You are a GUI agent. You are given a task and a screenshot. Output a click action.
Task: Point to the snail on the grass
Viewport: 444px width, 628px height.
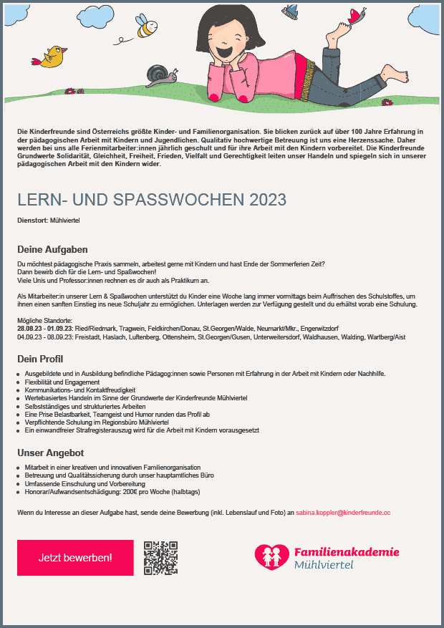(x=158, y=74)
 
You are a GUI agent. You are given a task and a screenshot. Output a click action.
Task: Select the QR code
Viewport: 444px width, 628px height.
(x=160, y=558)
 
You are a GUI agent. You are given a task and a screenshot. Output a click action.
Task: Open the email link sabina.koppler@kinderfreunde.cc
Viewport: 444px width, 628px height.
(x=343, y=513)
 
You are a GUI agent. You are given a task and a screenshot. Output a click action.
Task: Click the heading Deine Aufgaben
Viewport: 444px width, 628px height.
(x=52, y=250)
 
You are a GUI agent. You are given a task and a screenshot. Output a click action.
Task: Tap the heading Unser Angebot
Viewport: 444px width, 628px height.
(x=51, y=453)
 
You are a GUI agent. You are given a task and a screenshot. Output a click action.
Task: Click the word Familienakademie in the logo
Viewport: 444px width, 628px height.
(x=347, y=552)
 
